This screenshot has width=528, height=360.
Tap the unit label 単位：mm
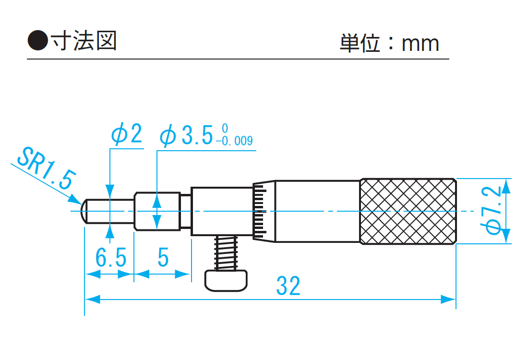(x=389, y=43)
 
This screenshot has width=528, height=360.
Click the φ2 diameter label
(x=127, y=135)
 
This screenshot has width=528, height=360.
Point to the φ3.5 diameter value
(x=187, y=136)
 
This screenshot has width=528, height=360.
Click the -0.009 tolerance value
(x=234, y=142)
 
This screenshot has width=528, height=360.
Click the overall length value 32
(x=288, y=287)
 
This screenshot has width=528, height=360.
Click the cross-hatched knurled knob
(x=408, y=211)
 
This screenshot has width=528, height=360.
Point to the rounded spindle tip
(x=84, y=211)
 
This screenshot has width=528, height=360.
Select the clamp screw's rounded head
(x=227, y=280)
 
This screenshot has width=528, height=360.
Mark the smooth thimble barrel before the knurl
(x=317, y=211)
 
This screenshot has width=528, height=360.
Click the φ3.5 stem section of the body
(x=157, y=211)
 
